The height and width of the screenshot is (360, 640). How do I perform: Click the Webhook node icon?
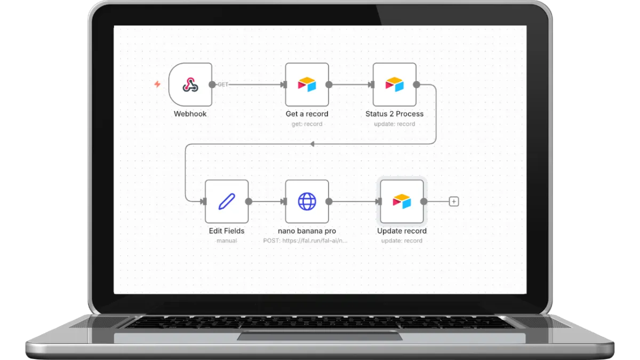[x=190, y=84]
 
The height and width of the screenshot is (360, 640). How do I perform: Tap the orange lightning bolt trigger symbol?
[x=157, y=84]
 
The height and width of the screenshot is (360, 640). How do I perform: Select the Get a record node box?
[x=307, y=84]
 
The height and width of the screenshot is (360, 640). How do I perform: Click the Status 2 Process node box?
[x=395, y=84]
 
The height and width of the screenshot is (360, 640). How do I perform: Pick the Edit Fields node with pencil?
[x=227, y=201]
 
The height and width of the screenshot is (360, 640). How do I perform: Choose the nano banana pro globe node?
[x=307, y=201]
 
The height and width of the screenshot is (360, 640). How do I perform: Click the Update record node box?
[x=402, y=201]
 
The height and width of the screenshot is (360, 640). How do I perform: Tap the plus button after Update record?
[x=454, y=202]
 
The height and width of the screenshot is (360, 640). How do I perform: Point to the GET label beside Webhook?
[x=223, y=85]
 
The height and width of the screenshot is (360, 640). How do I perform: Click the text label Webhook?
[x=190, y=114]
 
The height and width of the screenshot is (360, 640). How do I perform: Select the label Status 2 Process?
[x=394, y=114]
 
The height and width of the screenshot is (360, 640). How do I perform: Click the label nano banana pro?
[x=307, y=231]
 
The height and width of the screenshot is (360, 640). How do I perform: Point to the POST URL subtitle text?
[x=306, y=241]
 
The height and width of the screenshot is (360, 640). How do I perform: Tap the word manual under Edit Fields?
[x=227, y=241]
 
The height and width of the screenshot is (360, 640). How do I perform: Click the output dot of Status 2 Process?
[x=417, y=84]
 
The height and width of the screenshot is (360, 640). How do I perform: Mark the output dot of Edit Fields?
[x=248, y=201]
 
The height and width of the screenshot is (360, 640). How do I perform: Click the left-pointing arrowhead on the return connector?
[x=312, y=144]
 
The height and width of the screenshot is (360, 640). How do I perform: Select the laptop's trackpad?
[x=319, y=336]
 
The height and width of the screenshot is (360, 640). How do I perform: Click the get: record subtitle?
[x=307, y=124]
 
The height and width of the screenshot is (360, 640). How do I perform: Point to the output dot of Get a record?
[x=329, y=84]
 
